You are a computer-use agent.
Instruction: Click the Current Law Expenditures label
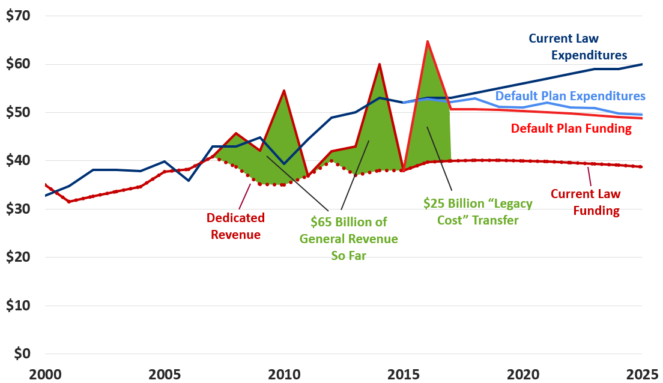[578, 47]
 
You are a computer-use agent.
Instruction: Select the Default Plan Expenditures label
[570, 96]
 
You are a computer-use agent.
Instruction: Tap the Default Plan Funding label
[571, 128]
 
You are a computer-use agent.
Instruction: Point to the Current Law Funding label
[585, 202]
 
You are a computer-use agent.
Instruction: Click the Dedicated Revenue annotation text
[235, 226]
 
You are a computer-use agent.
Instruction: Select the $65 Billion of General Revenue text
[348, 238]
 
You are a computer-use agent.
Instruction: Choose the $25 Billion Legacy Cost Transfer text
[477, 211]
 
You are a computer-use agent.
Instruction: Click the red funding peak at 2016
[427, 41]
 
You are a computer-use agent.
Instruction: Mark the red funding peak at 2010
[283, 91]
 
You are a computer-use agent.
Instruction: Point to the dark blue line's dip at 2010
[283, 164]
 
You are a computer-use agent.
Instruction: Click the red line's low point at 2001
[69, 202]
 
